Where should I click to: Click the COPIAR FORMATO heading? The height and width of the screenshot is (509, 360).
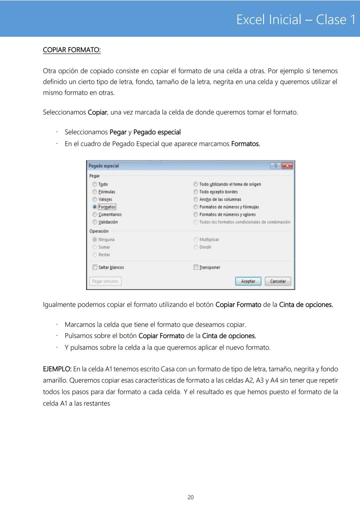(x=72, y=50)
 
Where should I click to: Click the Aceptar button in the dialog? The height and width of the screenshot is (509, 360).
(x=248, y=281)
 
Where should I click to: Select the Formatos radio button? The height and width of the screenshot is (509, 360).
(x=95, y=207)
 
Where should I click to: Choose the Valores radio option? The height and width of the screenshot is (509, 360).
(x=95, y=199)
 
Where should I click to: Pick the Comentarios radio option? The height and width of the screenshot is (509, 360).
(x=95, y=215)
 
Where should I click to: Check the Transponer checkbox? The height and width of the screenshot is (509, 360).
(x=196, y=267)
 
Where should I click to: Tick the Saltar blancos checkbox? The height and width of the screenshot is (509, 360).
(x=95, y=267)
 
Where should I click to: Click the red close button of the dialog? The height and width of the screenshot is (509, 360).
(x=287, y=166)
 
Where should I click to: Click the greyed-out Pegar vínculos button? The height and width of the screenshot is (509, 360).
(x=105, y=281)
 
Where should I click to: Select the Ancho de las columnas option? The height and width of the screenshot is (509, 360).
(x=196, y=199)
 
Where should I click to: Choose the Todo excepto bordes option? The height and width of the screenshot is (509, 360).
(x=196, y=192)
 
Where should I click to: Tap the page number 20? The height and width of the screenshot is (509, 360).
(x=191, y=497)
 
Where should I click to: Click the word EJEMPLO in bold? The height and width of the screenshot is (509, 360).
(x=57, y=369)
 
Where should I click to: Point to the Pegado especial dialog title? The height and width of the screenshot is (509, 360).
(x=104, y=166)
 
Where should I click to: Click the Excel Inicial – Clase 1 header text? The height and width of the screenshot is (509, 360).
(x=296, y=20)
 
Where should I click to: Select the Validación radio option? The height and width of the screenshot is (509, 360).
(x=95, y=222)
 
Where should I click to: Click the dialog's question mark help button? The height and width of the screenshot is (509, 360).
(x=276, y=166)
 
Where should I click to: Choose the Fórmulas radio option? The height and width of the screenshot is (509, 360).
(x=95, y=192)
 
